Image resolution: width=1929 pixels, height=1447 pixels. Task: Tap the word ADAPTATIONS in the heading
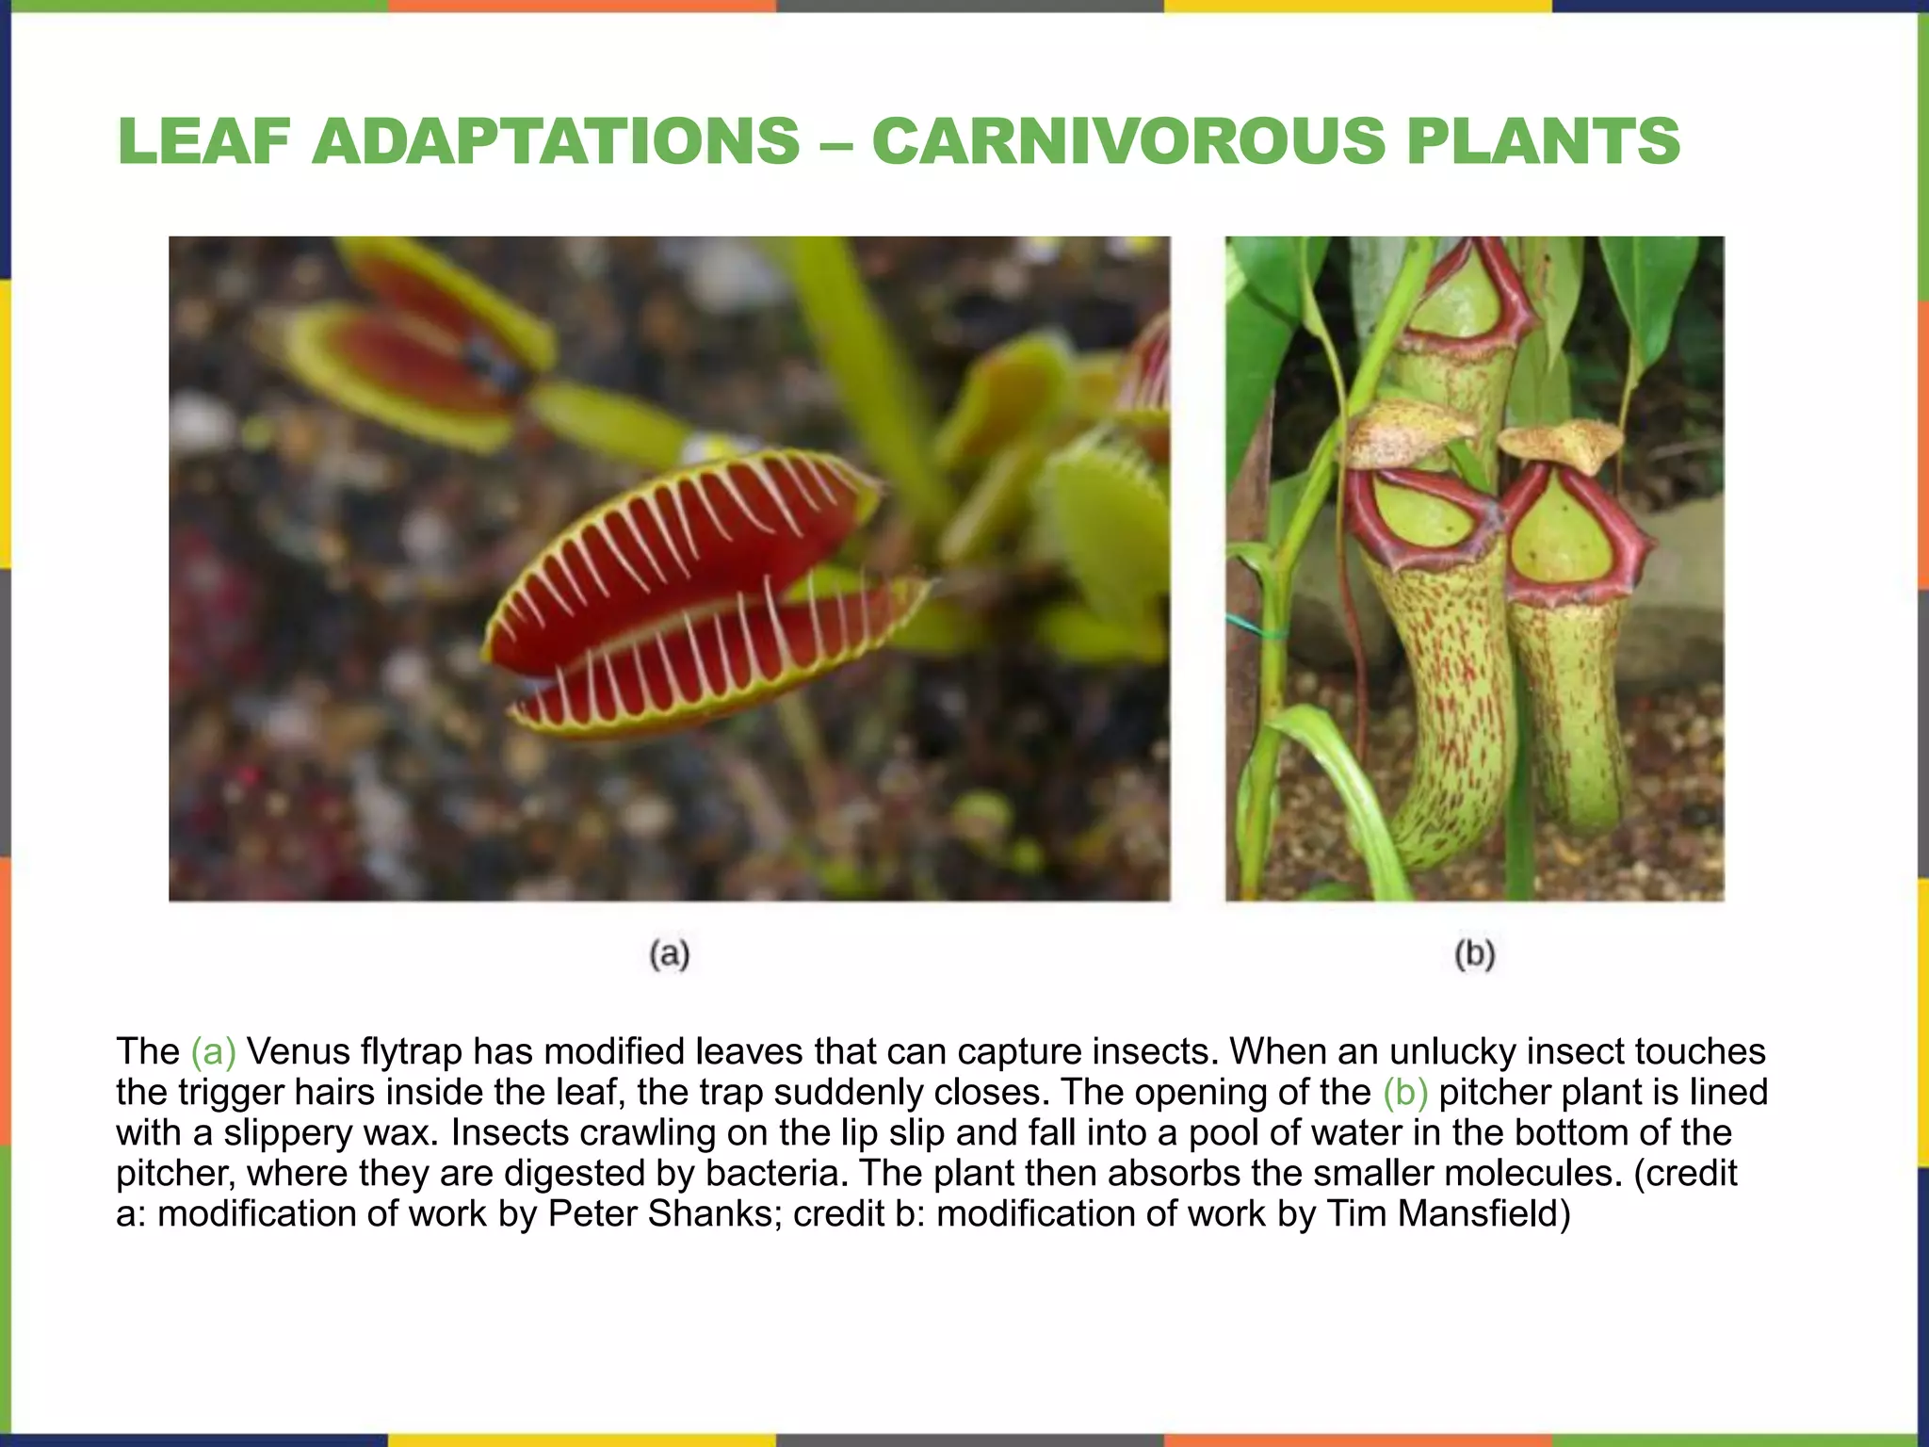click(555, 141)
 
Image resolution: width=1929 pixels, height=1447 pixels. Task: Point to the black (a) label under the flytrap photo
click(670, 954)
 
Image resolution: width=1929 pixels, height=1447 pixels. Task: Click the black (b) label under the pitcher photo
click(1475, 954)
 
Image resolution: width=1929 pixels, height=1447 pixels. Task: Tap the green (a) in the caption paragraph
click(213, 1051)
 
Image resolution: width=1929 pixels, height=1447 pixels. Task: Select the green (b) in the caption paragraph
click(1405, 1092)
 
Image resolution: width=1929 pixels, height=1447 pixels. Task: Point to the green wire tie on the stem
click(1253, 624)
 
